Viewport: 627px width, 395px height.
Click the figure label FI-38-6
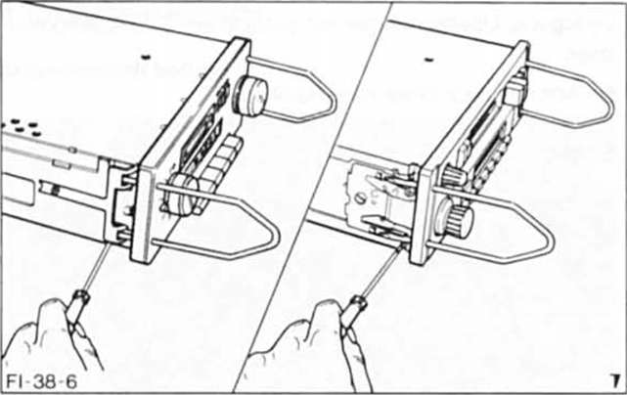pos(41,382)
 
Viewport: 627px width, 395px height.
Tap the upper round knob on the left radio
pos(252,97)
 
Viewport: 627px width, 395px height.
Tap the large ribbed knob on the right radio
pos(457,219)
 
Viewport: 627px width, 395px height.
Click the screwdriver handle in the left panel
pos(76,308)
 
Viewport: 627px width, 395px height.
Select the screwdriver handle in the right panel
pos(354,313)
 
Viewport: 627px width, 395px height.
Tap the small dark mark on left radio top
pos(147,57)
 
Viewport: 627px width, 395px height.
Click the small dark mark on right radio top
pos(429,61)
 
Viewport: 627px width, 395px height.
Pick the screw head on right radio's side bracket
pos(360,197)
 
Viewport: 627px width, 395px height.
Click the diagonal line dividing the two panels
pos(312,197)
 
